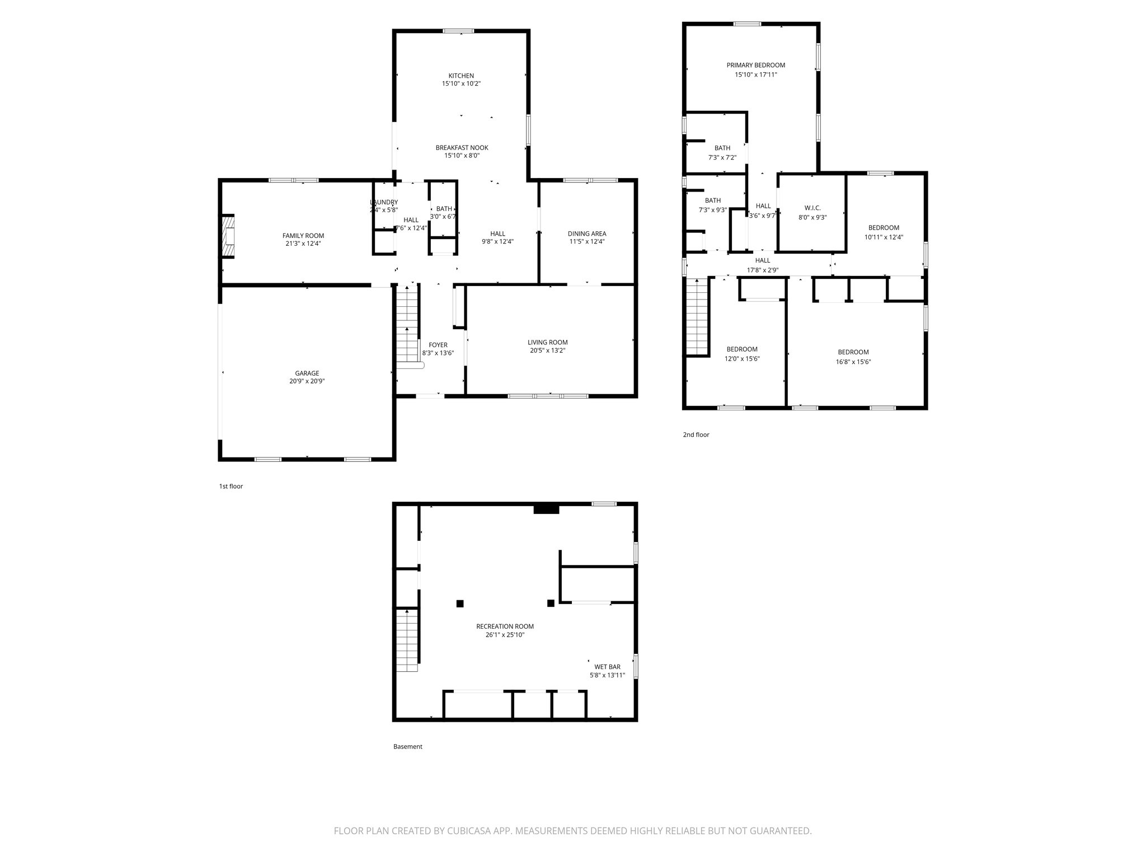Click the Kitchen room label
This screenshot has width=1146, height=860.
(x=461, y=76)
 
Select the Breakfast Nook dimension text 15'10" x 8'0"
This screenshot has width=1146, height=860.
(x=462, y=156)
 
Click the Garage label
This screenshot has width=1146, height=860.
(x=307, y=373)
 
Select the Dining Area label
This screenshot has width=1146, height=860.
(x=586, y=233)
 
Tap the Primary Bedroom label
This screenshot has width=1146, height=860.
(x=755, y=65)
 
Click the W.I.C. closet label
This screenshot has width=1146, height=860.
(x=812, y=208)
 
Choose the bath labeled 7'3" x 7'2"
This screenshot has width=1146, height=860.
(x=722, y=152)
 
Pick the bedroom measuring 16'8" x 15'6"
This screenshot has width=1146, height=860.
(x=853, y=357)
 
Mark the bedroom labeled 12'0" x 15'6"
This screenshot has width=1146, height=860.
(x=742, y=354)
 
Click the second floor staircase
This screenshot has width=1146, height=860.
(x=698, y=316)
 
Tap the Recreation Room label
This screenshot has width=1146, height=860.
(x=505, y=627)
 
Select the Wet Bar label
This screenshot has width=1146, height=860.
(x=607, y=667)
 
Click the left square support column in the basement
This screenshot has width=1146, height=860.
(x=460, y=603)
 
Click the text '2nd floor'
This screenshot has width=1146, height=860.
(x=696, y=434)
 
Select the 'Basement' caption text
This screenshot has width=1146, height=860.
(x=407, y=746)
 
